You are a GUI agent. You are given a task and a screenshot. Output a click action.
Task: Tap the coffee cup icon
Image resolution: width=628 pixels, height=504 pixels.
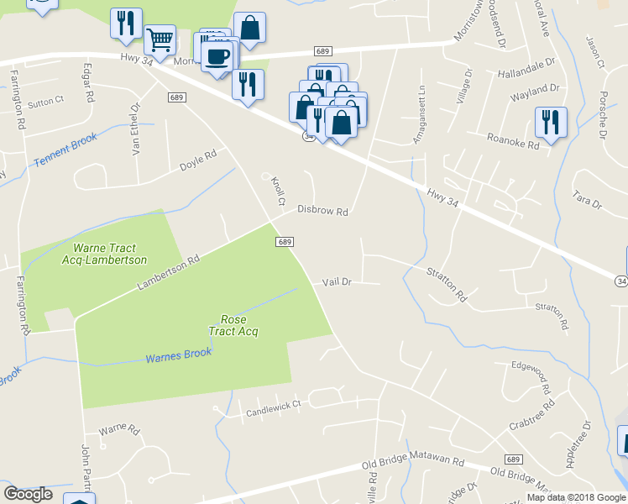point(217,56)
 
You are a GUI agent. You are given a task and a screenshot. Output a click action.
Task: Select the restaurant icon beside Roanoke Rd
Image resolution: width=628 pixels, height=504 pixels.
point(551,121)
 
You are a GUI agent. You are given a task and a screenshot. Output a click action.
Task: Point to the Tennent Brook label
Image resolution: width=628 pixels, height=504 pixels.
point(65,152)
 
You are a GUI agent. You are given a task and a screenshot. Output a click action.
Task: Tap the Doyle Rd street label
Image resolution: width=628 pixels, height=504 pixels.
point(198,160)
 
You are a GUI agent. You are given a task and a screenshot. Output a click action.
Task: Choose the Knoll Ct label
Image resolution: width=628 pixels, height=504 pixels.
point(280,191)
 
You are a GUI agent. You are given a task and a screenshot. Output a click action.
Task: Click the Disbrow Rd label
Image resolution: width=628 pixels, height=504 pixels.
point(322,213)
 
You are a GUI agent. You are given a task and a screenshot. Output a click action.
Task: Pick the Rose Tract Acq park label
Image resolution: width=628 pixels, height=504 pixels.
point(238,325)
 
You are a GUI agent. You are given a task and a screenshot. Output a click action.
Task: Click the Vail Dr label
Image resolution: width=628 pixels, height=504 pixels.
point(337,282)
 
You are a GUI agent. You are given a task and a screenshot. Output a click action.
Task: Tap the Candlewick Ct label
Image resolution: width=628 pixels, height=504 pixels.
point(273,408)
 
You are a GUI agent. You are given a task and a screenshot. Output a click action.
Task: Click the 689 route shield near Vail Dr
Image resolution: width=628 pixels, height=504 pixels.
point(285,242)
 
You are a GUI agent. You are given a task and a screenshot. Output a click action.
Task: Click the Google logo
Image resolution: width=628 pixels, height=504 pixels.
point(28,494)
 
